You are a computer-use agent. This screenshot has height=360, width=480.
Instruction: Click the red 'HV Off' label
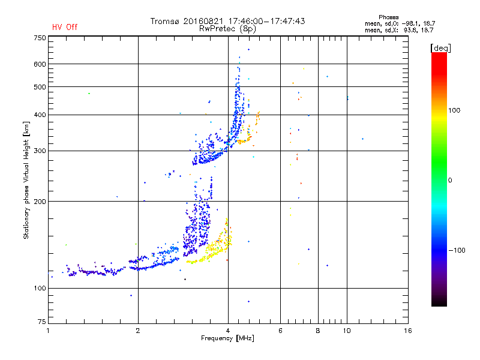tap(64, 27)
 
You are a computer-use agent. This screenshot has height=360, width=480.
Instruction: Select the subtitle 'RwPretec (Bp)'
tap(228, 28)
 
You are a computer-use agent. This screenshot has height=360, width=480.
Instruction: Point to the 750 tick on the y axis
tap(40, 38)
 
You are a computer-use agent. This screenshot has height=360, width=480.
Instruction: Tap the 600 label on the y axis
tap(40, 64)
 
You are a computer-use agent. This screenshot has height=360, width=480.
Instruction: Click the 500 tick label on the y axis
tap(40, 87)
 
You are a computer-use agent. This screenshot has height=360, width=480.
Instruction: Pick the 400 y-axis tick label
tap(40, 115)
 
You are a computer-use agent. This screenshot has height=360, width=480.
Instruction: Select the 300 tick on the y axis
tap(40, 151)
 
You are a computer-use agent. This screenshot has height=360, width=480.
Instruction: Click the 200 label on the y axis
tap(40, 202)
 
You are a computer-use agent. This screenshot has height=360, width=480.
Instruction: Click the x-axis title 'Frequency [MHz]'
tap(227, 339)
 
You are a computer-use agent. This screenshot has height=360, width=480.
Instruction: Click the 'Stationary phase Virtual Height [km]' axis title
tap(26, 180)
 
